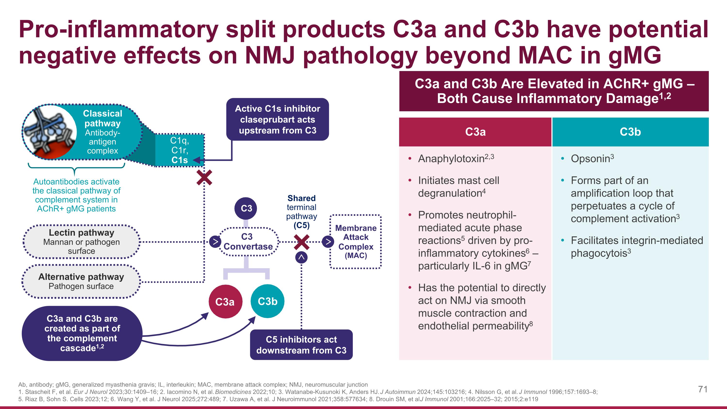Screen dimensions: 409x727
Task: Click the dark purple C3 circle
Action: pyautogui.click(x=246, y=208)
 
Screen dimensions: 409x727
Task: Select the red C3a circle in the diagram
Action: pyautogui.click(x=225, y=301)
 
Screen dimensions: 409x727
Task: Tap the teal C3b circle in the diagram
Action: pyautogui.click(x=267, y=301)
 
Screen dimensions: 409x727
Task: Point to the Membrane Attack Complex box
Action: pyautogui.click(x=356, y=242)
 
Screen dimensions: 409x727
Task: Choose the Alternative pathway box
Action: pyautogui.click(x=81, y=281)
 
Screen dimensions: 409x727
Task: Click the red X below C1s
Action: pyautogui.click(x=204, y=177)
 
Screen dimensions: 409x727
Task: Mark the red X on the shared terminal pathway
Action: pyautogui.click(x=301, y=242)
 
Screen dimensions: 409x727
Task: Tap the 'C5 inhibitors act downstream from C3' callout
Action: pyautogui.click(x=301, y=345)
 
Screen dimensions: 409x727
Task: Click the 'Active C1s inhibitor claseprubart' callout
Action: pyautogui.click(x=277, y=119)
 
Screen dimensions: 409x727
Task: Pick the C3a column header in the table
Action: pyautogui.click(x=475, y=132)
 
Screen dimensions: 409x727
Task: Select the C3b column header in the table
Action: pyautogui.click(x=630, y=132)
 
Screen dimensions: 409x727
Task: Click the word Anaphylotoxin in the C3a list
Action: pyautogui.click(x=451, y=159)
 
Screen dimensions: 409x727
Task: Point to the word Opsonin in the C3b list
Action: pyautogui.click(x=590, y=159)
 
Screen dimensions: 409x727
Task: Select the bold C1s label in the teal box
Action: pyautogui.click(x=180, y=160)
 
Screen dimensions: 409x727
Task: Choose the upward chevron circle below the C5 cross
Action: pyautogui.click(x=301, y=257)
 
